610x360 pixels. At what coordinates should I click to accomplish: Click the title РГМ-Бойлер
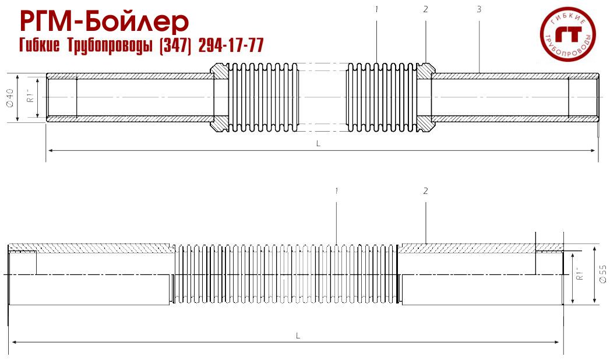coord(104,22)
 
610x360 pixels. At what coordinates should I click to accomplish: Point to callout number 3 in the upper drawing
coord(478,9)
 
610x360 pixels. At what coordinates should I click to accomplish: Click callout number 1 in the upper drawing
coord(378,9)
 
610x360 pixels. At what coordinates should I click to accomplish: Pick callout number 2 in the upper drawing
coord(426,9)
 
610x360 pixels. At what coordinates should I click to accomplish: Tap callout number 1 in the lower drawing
coord(337,190)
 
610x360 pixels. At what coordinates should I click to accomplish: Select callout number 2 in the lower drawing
coord(426,190)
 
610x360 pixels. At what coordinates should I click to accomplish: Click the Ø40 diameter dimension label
coord(10,97)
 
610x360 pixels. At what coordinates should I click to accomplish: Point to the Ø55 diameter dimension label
coord(602,274)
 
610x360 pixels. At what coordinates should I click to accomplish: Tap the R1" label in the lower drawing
coord(580,274)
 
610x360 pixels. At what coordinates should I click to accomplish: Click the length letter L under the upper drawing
coord(318,143)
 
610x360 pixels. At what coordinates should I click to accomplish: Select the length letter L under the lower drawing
coord(298,335)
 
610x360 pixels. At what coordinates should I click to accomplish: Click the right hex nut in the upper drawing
coord(425,97)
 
